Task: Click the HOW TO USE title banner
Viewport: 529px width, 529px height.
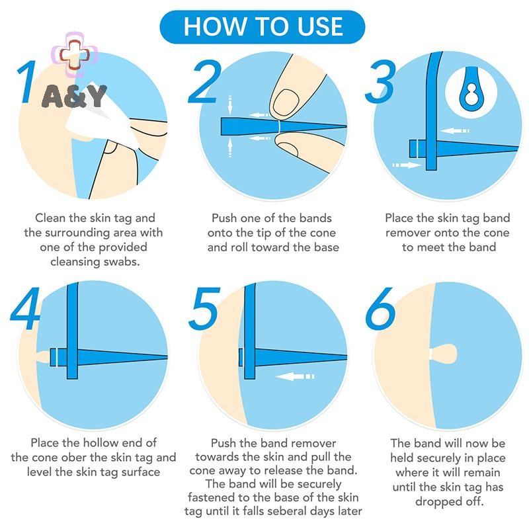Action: [x=263, y=27]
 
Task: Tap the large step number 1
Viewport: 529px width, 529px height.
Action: [x=27, y=82]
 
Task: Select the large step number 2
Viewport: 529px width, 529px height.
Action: [x=204, y=82]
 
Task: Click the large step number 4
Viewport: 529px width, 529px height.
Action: [x=26, y=308]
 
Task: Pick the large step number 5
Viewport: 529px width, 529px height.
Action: [x=204, y=308]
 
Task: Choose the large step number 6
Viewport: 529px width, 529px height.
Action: [x=381, y=308]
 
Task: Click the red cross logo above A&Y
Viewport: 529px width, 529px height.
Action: [x=75, y=55]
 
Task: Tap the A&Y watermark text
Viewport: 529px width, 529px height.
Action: [x=74, y=97]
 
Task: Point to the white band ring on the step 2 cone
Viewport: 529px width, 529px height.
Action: [x=279, y=126]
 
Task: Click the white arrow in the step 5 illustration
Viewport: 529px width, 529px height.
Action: [x=295, y=376]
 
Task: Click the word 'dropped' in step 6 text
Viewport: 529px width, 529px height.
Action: [x=438, y=502]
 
